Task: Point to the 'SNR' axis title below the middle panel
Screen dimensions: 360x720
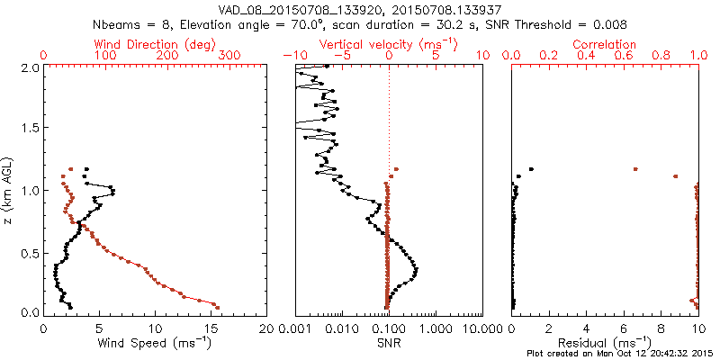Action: point(389,343)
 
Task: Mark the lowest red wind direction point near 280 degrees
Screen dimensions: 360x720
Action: point(217,307)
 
